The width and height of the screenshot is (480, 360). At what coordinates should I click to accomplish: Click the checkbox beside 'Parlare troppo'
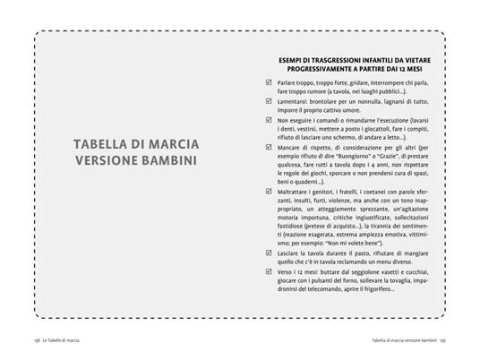(x=270, y=82)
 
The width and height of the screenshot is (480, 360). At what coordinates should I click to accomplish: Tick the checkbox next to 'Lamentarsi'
(x=270, y=101)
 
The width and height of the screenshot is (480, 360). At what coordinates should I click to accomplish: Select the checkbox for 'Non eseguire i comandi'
(x=270, y=120)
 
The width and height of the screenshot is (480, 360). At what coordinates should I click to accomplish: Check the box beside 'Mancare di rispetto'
(x=270, y=147)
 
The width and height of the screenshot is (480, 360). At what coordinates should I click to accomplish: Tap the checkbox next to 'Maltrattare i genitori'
(x=270, y=191)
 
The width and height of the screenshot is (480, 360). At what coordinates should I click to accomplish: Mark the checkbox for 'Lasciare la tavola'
(x=270, y=253)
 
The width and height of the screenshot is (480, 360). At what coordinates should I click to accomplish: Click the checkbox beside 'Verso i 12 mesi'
(x=270, y=270)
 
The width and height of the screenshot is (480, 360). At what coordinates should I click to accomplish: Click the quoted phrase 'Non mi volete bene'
(x=352, y=242)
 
